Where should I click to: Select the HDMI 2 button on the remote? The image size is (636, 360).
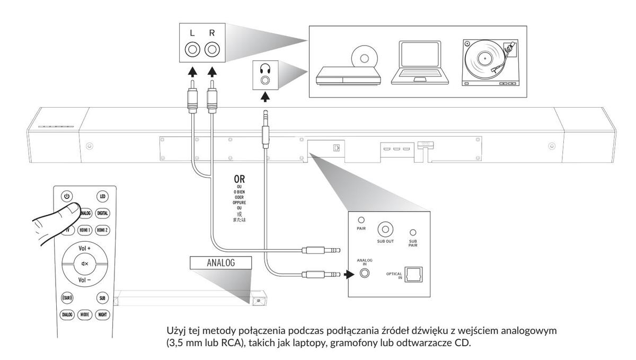pyautogui.click(x=103, y=231)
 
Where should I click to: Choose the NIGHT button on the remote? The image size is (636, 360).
pyautogui.click(x=103, y=314)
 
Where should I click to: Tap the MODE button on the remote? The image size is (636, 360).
pyautogui.click(x=85, y=314)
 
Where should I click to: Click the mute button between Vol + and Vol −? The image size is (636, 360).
pyautogui.click(x=85, y=264)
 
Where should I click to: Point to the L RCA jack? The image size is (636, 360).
pyautogui.click(x=192, y=50)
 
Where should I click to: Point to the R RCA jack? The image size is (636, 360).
pyautogui.click(x=212, y=50)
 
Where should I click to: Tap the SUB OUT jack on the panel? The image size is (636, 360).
pyautogui.click(x=385, y=230)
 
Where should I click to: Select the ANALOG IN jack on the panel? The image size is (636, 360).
pyautogui.click(x=364, y=274)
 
